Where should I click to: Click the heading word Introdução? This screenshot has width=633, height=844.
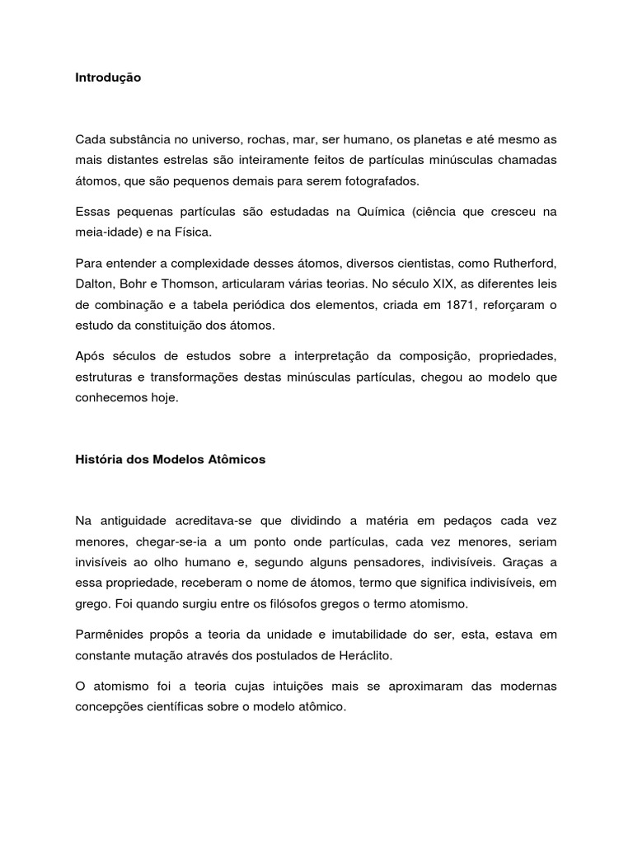point(108,77)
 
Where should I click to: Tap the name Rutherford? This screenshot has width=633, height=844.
point(517,264)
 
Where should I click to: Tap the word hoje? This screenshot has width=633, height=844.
point(163,398)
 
